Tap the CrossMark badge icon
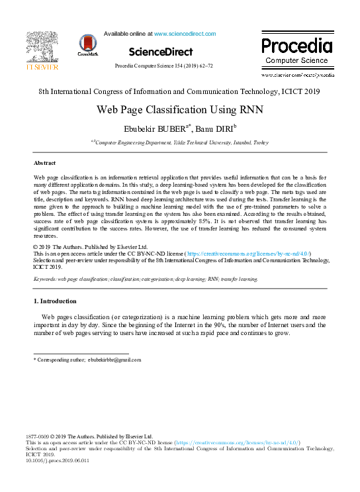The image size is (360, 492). click(x=87, y=44)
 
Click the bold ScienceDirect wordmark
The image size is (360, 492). click(x=161, y=52)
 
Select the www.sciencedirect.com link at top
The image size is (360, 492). click(x=185, y=33)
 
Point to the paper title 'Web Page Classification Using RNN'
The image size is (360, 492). click(x=180, y=110)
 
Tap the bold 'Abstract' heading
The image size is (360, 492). click(x=45, y=162)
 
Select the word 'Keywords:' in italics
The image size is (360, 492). click(x=45, y=279)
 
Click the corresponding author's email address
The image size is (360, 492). click(x=115, y=360)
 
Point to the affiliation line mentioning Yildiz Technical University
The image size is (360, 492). click(x=180, y=142)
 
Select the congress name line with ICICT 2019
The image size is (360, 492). click(x=180, y=91)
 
